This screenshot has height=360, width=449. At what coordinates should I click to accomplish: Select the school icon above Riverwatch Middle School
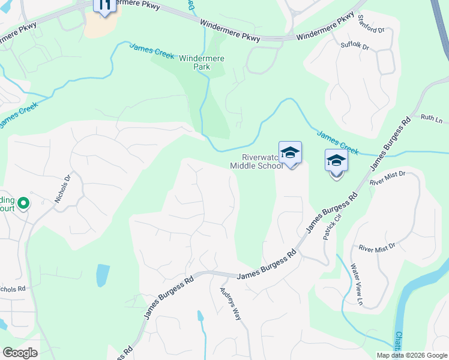(x=290, y=153)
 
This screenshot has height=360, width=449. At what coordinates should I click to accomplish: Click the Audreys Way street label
(x=230, y=304)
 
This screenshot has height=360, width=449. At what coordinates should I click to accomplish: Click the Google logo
(x=20, y=353)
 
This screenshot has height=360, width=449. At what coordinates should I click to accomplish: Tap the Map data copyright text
(x=411, y=355)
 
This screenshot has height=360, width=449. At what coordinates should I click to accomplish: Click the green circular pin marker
(x=23, y=204)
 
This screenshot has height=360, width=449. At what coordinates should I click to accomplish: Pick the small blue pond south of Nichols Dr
(x=103, y=275)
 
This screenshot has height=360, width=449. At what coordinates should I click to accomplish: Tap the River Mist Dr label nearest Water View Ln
(x=377, y=247)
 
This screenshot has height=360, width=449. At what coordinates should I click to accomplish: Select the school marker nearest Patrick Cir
(x=336, y=162)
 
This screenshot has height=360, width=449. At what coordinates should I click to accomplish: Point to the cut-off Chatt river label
(x=399, y=343)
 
